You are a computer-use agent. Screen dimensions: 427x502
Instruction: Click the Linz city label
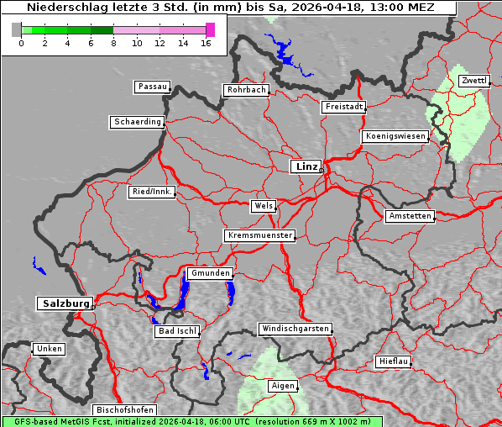coord(306,166)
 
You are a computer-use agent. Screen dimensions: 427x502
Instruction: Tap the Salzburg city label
coord(64,303)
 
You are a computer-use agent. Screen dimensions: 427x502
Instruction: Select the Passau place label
coord(152,87)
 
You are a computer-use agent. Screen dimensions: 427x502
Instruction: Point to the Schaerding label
coord(137,122)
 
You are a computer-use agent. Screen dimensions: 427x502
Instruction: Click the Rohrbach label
coord(245,90)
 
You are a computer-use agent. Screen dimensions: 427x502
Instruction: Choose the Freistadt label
coord(343,107)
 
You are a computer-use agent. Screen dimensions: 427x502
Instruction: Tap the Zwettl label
coord(473,81)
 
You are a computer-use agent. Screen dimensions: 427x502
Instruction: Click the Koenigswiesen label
coord(396,136)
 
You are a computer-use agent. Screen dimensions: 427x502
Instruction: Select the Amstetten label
coord(410,216)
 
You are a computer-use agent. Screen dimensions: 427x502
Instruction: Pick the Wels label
coord(263,206)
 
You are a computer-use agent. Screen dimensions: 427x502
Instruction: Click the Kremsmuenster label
coord(260,235)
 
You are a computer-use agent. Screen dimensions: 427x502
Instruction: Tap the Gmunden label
coord(209,273)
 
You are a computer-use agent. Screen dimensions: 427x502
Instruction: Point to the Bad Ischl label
coord(177,331)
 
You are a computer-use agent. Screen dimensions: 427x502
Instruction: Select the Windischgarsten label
coord(295,329)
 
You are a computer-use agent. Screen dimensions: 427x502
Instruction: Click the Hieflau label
coord(394,361)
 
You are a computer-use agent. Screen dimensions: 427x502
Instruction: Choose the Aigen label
coord(283,386)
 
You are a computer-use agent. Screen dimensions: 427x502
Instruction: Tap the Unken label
coord(49,349)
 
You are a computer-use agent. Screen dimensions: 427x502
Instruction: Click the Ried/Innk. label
coord(153,192)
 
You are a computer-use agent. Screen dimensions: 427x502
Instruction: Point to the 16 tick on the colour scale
coord(207,43)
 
